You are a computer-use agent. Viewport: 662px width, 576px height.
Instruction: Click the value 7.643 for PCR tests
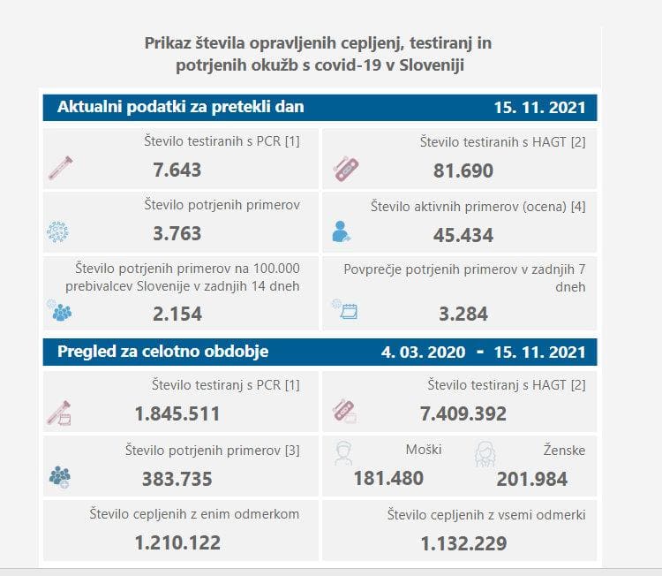(x=177, y=170)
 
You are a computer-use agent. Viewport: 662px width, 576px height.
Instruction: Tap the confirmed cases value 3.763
(x=177, y=234)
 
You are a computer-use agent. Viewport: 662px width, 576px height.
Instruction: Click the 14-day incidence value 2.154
(x=177, y=314)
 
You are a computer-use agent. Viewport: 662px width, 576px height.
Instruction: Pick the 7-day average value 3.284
(x=463, y=314)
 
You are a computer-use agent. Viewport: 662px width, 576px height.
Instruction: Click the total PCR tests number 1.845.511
(x=177, y=413)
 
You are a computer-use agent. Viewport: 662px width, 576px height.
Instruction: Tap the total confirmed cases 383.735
(x=177, y=479)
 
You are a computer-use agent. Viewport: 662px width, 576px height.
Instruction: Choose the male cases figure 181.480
(x=388, y=479)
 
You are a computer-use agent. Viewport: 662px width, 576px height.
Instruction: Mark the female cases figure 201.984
(x=532, y=479)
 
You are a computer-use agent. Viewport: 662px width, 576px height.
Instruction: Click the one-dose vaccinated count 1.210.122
(x=177, y=542)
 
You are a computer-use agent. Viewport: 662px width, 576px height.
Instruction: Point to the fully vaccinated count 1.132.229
(x=463, y=542)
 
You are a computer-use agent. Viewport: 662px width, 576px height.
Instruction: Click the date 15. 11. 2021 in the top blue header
(x=539, y=108)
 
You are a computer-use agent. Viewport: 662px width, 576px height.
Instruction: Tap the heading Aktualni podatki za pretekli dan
(x=181, y=107)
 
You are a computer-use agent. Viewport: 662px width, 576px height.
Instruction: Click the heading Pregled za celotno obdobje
(x=163, y=352)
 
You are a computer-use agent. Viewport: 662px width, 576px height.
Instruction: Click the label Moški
(x=424, y=451)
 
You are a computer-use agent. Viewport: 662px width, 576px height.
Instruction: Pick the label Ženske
(x=564, y=451)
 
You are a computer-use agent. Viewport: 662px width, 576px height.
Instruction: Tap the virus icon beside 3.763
(x=57, y=232)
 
